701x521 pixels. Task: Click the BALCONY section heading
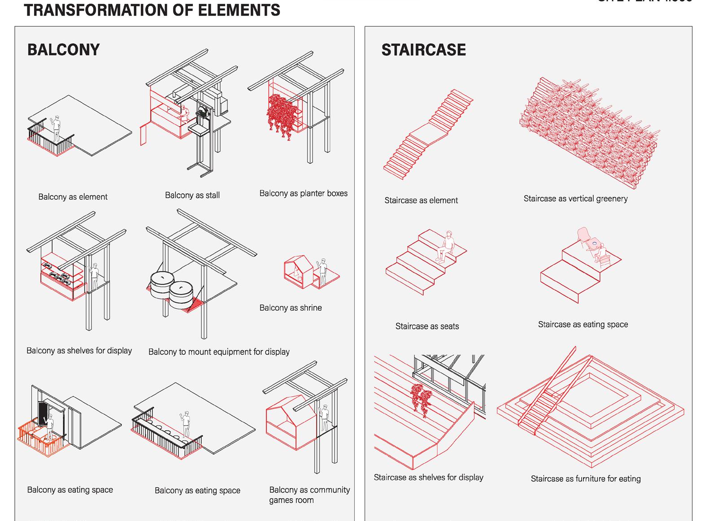click(63, 50)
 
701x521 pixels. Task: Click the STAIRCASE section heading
click(423, 50)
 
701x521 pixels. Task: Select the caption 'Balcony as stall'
click(192, 195)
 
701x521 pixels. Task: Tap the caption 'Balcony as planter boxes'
click(303, 193)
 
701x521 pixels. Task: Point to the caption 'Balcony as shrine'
click(290, 308)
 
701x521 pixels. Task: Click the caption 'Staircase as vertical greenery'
click(575, 199)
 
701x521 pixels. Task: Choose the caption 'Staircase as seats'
click(427, 326)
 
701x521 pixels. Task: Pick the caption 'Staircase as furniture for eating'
click(585, 479)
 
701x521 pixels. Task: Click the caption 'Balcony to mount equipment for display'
click(219, 352)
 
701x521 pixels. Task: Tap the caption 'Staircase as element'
click(421, 200)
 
